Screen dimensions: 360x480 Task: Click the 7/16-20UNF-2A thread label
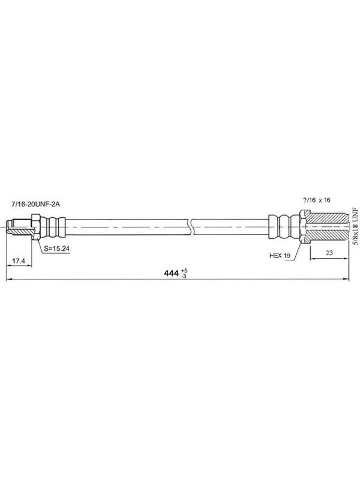tap(35, 204)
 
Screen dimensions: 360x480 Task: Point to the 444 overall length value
tap(171, 273)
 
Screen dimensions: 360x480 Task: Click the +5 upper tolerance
tap(184, 271)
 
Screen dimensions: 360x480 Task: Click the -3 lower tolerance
tap(184, 276)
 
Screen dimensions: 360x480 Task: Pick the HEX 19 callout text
tap(280, 256)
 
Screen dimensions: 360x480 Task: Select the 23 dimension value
tap(329, 253)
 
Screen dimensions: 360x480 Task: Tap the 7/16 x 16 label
tap(317, 200)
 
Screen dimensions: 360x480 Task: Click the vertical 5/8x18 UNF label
tap(355, 226)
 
